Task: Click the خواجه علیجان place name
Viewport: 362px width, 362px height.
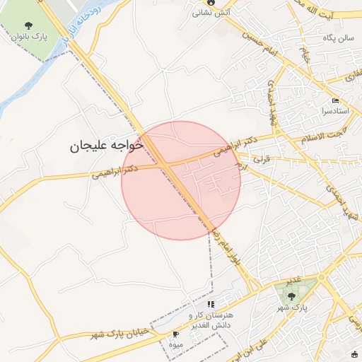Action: click(105, 146)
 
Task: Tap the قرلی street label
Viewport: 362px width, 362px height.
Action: click(262, 160)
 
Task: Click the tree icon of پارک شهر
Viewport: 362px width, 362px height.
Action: click(292, 296)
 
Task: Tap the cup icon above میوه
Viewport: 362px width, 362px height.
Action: click(175, 334)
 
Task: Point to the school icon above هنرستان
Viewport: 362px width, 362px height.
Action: click(211, 303)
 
